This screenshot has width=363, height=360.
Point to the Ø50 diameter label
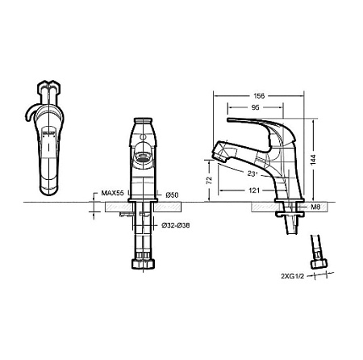[x=171, y=195]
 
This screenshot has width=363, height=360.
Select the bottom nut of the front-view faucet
[x=143, y=265]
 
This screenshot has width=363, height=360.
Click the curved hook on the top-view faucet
[x=31, y=115]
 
